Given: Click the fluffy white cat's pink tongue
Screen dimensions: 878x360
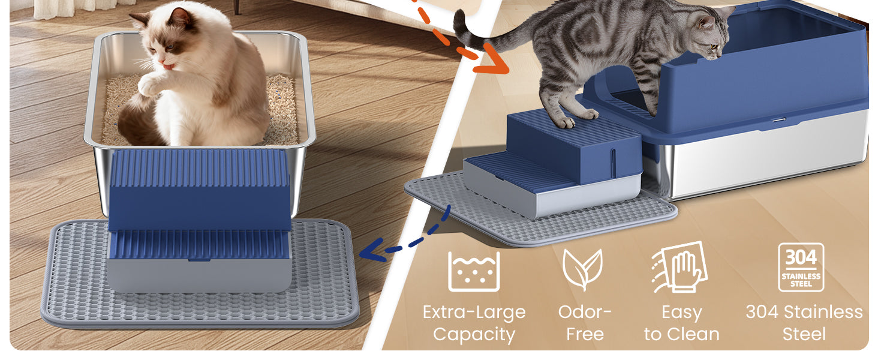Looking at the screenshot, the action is pos(168,67).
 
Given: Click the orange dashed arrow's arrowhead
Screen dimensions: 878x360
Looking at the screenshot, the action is pos(494,61).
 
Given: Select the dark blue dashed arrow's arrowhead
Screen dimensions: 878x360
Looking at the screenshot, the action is pos(372,251).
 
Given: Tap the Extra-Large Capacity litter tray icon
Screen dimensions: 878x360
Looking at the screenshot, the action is pos(474,271).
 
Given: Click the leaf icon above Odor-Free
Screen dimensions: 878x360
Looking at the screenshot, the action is pos(583,269).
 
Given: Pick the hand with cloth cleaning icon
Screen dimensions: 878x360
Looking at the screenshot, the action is pos(679,268).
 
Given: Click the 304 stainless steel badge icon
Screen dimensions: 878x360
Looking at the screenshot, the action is pos(801,268).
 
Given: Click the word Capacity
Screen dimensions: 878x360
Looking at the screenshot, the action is pos(474,335).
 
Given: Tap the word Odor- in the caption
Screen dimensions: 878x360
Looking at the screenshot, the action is pos(584,313).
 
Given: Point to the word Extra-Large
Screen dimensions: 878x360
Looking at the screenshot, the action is pos(474,313).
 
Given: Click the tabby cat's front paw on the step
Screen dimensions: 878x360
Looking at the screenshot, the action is pos(564,122).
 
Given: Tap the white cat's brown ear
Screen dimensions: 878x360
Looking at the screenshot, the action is pos(180,18).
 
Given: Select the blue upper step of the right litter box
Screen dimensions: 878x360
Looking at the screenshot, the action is pos(574,145).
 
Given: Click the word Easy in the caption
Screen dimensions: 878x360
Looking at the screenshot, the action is pos(682,313).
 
